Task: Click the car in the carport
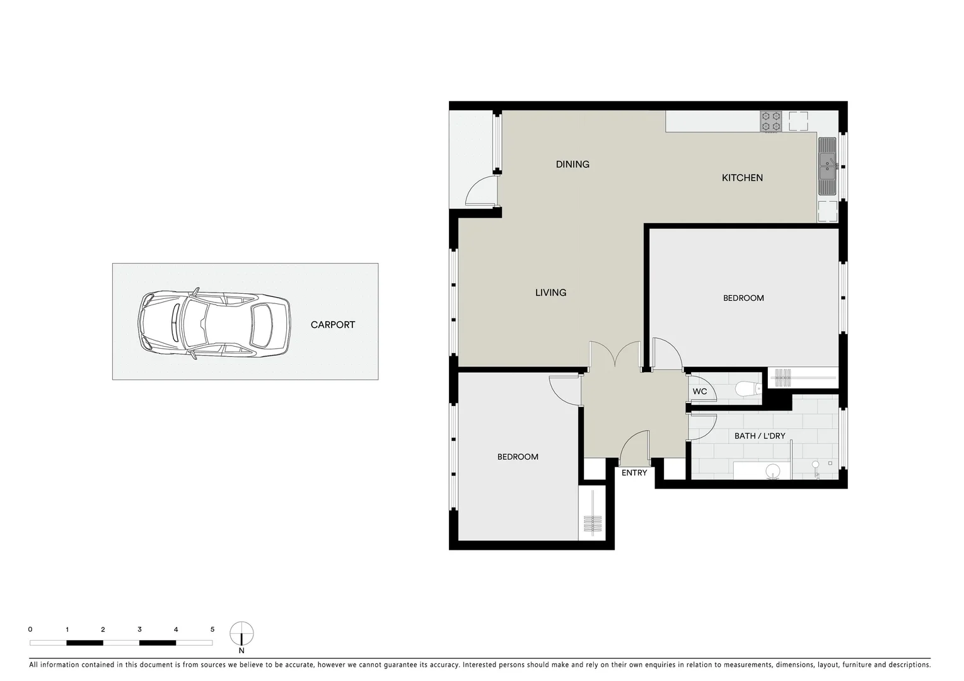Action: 214,325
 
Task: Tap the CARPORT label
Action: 332,325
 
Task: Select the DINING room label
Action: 572,164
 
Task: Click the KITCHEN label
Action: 742,178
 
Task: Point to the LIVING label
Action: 550,293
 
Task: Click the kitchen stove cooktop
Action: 770,121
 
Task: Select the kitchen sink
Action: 827,166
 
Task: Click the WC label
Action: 699,392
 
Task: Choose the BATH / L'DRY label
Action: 759,436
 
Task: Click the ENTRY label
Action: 634,473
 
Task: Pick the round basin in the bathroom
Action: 772,470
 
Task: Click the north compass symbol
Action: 241,634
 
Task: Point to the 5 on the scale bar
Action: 212,629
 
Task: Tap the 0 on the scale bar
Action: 30,629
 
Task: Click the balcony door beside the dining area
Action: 482,192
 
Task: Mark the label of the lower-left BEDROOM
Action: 518,457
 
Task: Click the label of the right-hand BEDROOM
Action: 743,298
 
